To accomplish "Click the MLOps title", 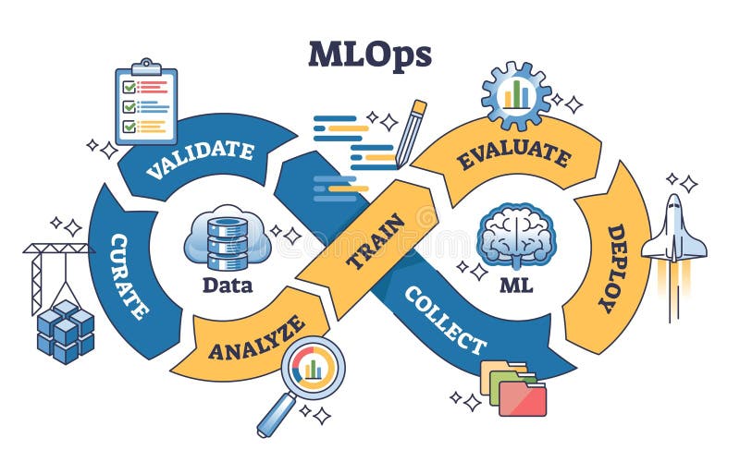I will coord(369,55).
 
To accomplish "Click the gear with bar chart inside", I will coord(516,93).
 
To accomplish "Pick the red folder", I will coord(523,398).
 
